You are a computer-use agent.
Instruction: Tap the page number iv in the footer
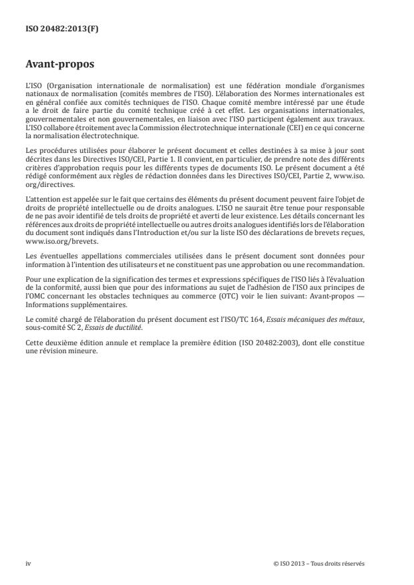[x=28, y=563]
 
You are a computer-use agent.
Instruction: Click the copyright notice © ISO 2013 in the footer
[x=319, y=563]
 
